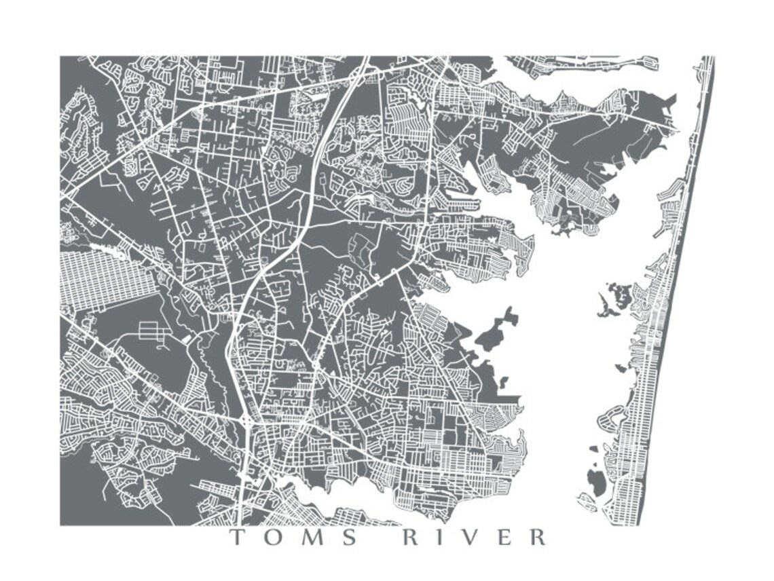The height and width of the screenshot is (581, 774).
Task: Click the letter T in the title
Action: [238, 538]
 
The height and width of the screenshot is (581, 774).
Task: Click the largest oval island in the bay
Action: [595, 482]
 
